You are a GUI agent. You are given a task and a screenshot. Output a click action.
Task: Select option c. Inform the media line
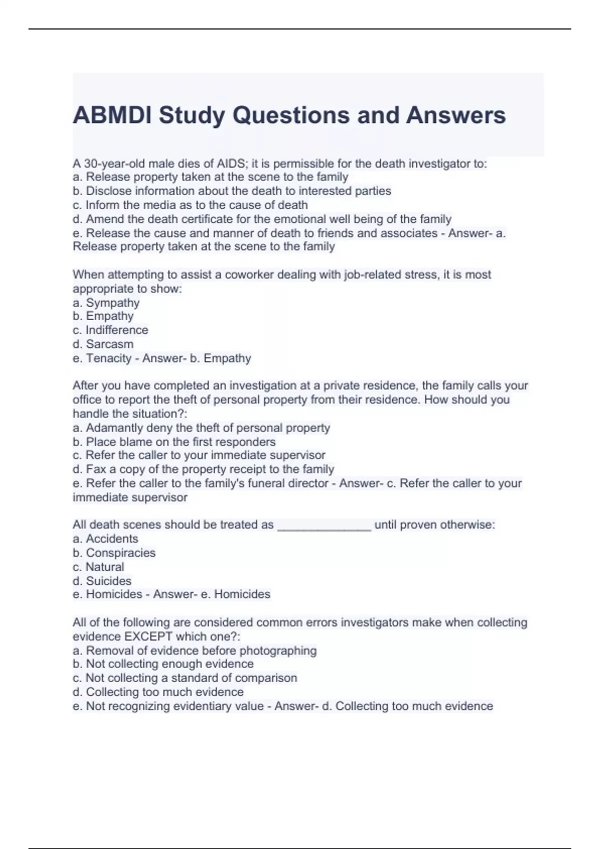tap(190, 205)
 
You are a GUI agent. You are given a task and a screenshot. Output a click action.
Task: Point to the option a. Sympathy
tap(106, 303)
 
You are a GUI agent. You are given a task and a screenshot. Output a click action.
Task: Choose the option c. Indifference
tap(110, 330)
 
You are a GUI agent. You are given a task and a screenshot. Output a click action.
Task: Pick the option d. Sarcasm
tap(103, 344)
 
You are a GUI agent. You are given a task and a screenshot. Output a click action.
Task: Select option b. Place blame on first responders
tap(174, 442)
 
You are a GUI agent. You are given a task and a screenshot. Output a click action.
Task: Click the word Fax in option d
tap(96, 469)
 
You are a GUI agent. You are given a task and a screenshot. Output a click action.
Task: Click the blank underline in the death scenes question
tap(324, 526)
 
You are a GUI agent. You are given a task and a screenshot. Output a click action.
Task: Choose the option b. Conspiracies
tap(114, 553)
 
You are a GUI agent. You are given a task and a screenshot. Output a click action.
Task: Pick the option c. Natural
tap(98, 567)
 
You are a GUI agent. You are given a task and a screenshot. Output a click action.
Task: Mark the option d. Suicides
tap(102, 581)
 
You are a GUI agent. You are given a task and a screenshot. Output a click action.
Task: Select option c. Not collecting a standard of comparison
tap(185, 678)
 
